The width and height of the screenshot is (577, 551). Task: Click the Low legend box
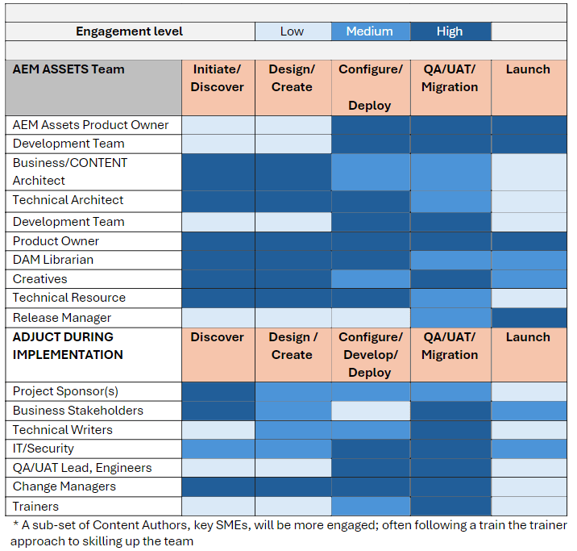click(x=292, y=31)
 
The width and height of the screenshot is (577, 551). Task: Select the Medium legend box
click(x=370, y=31)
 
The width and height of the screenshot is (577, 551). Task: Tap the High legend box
click(x=450, y=31)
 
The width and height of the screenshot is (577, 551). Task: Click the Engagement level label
click(x=129, y=31)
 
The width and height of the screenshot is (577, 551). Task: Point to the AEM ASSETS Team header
click(x=69, y=69)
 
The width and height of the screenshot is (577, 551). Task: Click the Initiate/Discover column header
click(x=217, y=78)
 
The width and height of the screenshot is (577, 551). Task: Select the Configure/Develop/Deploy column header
click(x=370, y=355)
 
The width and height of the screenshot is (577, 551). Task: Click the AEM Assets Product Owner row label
click(x=91, y=125)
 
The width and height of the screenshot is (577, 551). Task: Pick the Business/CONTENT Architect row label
click(x=70, y=172)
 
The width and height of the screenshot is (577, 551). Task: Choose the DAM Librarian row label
click(x=53, y=260)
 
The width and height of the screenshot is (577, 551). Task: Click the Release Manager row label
click(x=62, y=318)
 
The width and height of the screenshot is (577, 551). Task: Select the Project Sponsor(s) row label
click(x=65, y=391)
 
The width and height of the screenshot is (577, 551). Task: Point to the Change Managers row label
click(x=64, y=486)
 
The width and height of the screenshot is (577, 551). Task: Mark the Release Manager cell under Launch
click(x=529, y=318)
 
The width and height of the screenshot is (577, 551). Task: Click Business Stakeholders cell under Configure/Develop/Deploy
click(x=370, y=411)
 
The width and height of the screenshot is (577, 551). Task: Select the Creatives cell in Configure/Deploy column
click(x=370, y=279)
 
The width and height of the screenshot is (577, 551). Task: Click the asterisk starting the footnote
click(x=15, y=524)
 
